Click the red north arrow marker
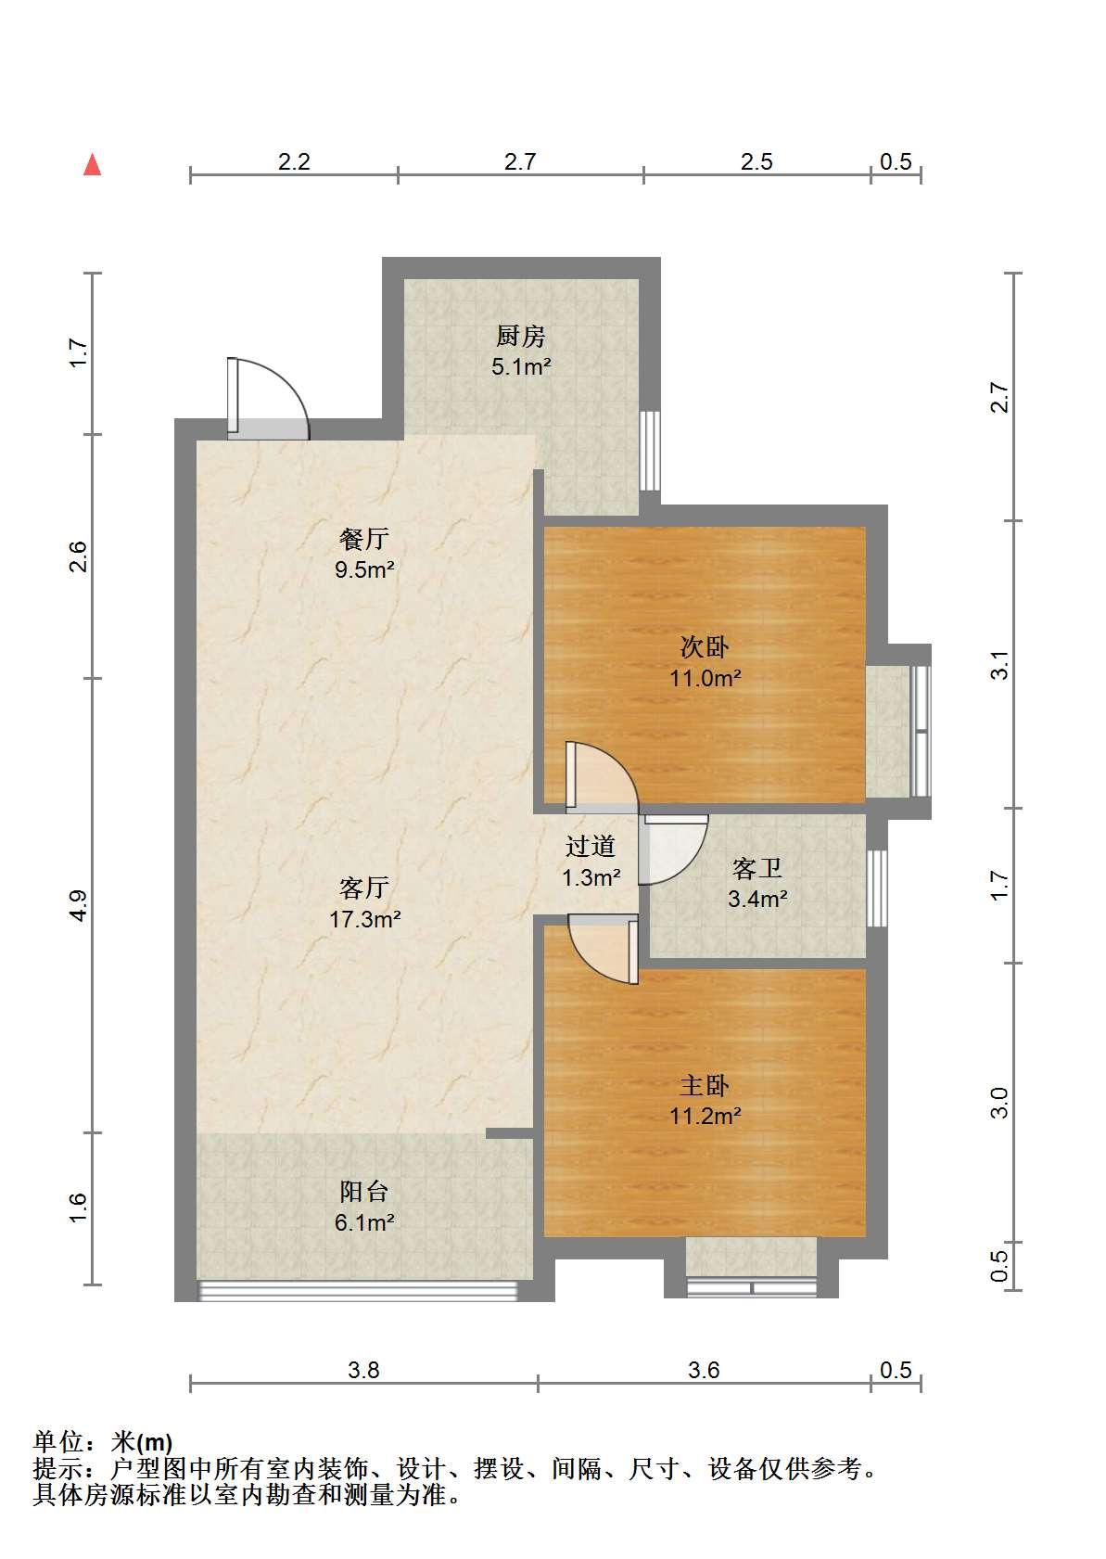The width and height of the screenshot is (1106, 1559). (x=93, y=165)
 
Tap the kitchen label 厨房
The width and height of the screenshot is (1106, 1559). (x=520, y=336)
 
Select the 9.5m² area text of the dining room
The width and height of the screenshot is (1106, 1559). (x=364, y=569)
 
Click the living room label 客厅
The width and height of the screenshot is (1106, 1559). (x=363, y=888)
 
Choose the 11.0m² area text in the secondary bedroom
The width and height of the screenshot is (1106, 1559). (x=705, y=677)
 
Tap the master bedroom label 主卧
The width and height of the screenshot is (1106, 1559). (x=705, y=1085)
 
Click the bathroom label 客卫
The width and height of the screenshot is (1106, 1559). (x=756, y=868)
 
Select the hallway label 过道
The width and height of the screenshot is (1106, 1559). (x=590, y=847)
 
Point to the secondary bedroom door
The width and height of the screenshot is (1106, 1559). (x=601, y=776)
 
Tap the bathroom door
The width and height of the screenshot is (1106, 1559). (x=673, y=850)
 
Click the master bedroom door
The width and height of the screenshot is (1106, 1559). (x=604, y=950)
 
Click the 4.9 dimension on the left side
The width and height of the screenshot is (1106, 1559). (x=79, y=905)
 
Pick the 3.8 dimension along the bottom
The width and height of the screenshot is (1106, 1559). (x=363, y=1370)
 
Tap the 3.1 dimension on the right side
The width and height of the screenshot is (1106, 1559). (x=999, y=665)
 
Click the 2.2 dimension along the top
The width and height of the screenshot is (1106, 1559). (x=294, y=161)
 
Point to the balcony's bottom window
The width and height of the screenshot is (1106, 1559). (x=358, y=1290)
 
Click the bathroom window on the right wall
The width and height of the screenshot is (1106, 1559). (x=877, y=888)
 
